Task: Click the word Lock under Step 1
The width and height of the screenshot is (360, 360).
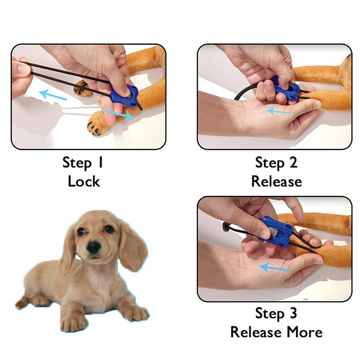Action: coord(84,181)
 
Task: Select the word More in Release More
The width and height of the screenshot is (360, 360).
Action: coord(305,332)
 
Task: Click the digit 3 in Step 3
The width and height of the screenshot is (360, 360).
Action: coord(293,313)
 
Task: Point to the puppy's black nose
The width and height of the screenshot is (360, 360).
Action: coord(94,247)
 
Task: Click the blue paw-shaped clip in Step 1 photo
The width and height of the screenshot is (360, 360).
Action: coord(125,96)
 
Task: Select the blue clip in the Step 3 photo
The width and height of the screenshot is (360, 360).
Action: coord(276,232)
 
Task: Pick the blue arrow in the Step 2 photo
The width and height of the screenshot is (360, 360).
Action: coord(279,112)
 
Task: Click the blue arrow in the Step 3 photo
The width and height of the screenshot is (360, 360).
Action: coord(274,268)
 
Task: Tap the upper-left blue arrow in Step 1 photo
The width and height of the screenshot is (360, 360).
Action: coord(53,94)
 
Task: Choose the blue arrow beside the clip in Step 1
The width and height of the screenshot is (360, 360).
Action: coord(120,115)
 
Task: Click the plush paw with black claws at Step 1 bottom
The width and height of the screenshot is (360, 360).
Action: coord(98,125)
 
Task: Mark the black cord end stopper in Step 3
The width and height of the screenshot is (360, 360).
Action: coord(226,227)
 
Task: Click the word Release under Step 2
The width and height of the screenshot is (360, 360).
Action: coord(277,181)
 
